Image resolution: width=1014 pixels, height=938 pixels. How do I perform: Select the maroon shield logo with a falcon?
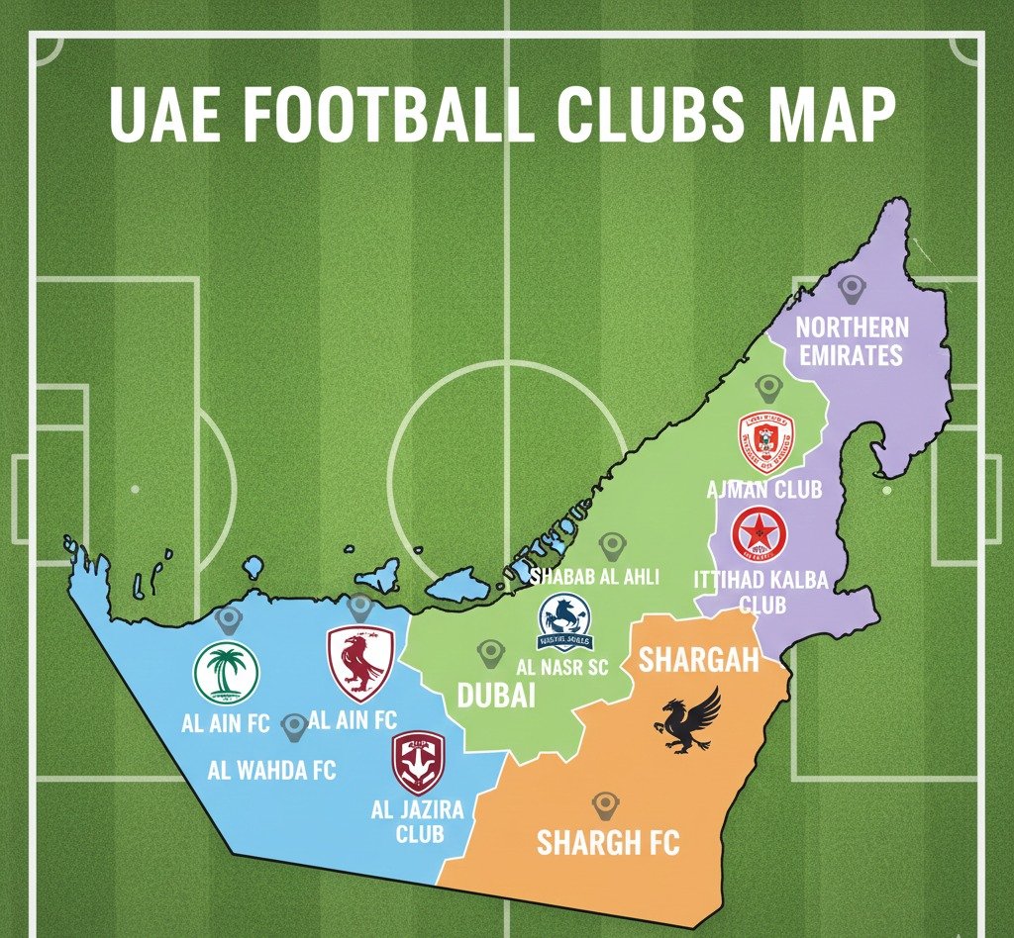360,663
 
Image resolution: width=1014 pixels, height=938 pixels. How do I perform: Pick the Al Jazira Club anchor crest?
418,762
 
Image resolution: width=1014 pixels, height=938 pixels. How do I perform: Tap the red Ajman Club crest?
766,442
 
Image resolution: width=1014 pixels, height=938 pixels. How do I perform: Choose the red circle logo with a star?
760,533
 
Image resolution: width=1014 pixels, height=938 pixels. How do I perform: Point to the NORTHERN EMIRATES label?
852,340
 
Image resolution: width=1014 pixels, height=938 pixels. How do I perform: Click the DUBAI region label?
496,695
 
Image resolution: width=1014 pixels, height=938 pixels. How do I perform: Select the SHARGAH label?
698,660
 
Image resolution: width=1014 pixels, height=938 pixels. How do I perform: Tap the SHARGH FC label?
608,843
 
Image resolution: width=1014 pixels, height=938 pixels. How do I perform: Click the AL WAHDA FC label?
272,769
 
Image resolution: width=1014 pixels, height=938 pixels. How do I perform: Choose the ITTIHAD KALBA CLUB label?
761,592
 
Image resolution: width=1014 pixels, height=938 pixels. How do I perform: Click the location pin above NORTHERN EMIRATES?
851,289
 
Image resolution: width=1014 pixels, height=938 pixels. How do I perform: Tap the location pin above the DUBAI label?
489,653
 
